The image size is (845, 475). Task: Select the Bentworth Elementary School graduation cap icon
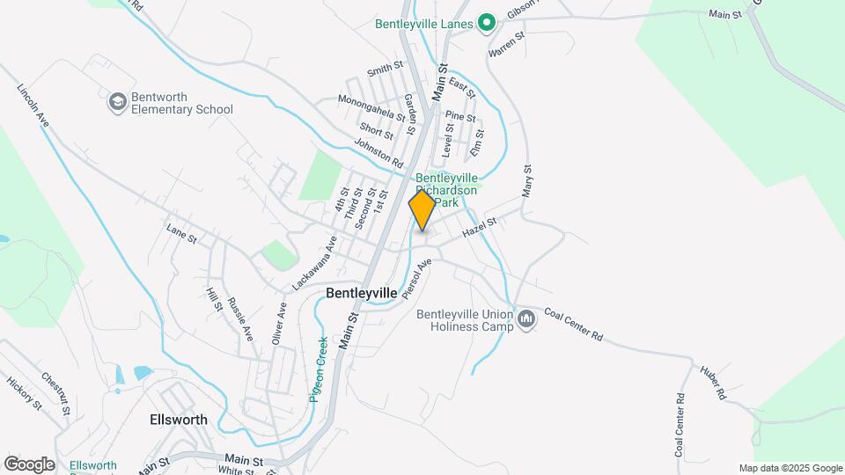117,103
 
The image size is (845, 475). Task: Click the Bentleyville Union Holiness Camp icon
526,319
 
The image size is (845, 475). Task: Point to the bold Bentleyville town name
361,292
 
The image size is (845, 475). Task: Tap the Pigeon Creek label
319,369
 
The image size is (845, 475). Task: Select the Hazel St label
480,228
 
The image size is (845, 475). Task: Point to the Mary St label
527,179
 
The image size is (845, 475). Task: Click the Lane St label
180,233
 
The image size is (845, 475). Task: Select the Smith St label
385,70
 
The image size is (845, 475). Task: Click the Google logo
29,464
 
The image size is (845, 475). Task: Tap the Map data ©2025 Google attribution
790,468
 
